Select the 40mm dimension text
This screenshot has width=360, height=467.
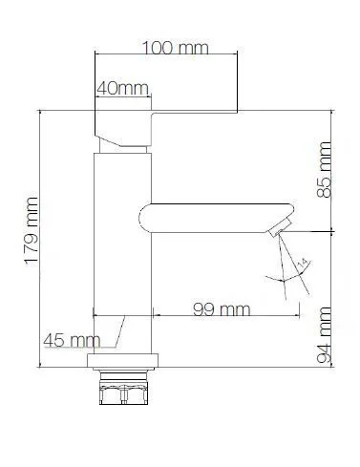[x=121, y=89]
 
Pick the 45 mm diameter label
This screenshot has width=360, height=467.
[x=70, y=339]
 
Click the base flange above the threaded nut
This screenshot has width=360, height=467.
[x=122, y=362]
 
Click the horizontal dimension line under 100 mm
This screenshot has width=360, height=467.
[x=163, y=59]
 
